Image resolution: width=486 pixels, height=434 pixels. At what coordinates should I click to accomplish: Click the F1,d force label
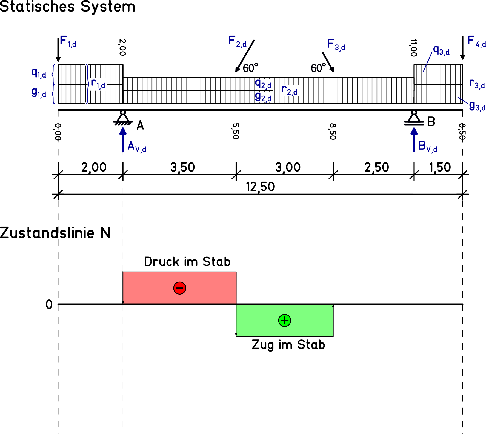tap(68, 41)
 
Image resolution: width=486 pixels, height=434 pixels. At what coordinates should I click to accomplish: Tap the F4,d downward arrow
tap(462, 48)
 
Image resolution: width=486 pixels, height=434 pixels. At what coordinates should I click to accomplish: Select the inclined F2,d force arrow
tap(245, 56)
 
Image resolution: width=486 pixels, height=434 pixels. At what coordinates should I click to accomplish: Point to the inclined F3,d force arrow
tap(328, 62)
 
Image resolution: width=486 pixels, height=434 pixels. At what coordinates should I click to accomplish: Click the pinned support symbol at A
tap(123, 118)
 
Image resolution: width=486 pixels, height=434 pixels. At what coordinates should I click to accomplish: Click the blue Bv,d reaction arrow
tap(414, 139)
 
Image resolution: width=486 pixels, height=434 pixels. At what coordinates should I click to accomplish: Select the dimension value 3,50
tap(182, 167)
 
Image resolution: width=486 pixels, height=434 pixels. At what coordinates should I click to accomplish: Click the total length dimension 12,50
tap(260, 187)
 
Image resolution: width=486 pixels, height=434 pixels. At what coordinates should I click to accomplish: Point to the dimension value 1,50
tap(440, 167)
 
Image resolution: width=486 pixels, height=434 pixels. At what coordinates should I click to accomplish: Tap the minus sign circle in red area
tap(180, 288)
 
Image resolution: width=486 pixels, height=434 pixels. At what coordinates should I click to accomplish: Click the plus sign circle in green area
tap(285, 320)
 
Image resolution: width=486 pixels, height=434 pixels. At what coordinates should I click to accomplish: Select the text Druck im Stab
tap(187, 262)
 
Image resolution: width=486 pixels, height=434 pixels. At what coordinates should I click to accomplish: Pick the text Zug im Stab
tap(288, 345)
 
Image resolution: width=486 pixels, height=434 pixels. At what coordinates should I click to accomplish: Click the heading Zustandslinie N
tap(55, 233)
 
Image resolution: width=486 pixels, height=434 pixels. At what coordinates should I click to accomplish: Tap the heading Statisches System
tap(67, 7)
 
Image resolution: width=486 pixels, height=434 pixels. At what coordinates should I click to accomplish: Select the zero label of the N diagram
tap(49, 304)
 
